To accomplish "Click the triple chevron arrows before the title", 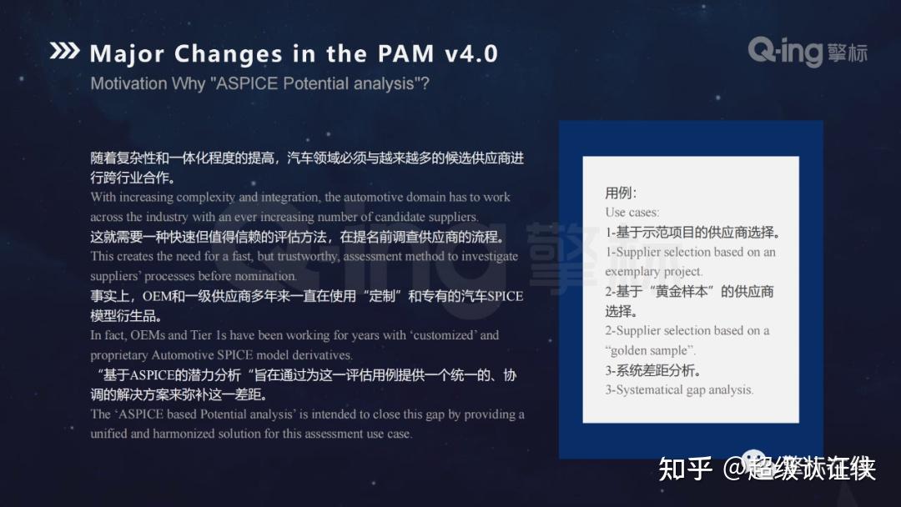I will point(64,52).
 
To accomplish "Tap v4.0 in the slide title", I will point(471,54).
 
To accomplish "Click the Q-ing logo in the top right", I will point(807,52).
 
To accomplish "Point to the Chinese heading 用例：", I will point(622,193).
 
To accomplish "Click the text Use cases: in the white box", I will point(632,213).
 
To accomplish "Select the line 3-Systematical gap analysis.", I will point(679,389).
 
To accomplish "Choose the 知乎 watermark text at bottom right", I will point(685,469).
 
